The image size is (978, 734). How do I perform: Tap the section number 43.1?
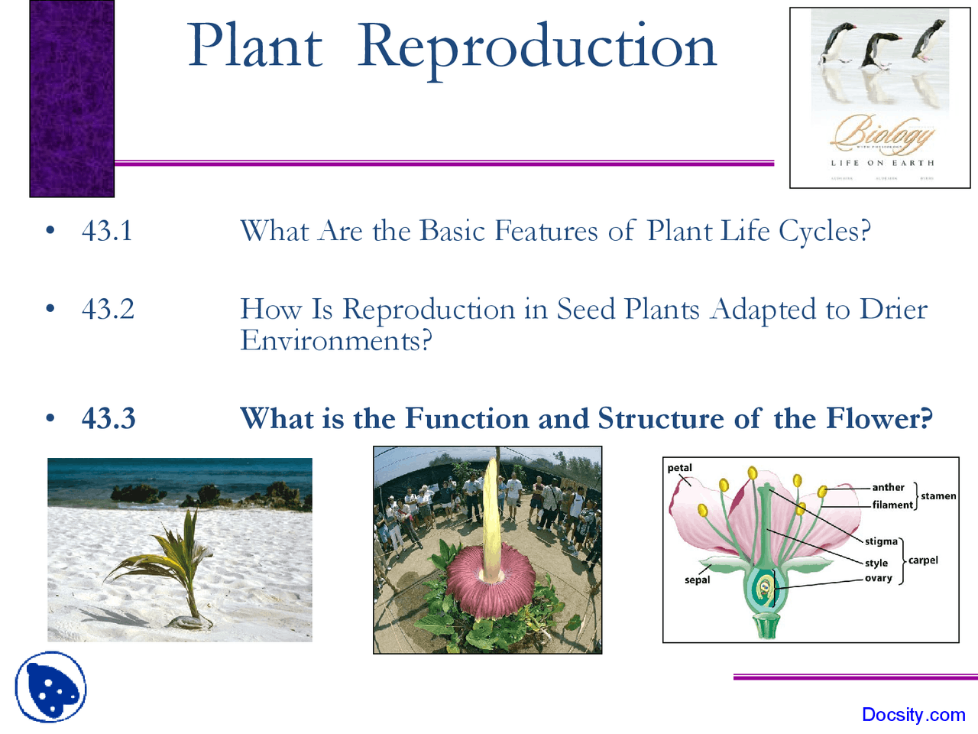click(x=107, y=231)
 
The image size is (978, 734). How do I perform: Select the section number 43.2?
click(x=108, y=309)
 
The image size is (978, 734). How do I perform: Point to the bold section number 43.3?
click(x=108, y=418)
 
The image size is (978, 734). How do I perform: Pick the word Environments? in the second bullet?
click(x=336, y=340)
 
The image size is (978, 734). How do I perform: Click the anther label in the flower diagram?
click(x=888, y=487)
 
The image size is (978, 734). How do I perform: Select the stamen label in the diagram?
click(x=938, y=496)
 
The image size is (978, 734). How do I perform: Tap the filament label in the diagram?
click(x=892, y=505)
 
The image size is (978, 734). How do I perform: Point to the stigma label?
click(x=881, y=541)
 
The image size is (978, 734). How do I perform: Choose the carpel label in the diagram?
click(x=923, y=560)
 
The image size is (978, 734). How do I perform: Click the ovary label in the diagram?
click(x=879, y=578)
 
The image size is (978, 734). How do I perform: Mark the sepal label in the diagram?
click(x=697, y=580)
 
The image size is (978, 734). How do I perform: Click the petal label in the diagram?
click(x=679, y=468)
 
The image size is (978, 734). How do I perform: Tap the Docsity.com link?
click(x=913, y=715)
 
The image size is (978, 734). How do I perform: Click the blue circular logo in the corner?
click(x=50, y=687)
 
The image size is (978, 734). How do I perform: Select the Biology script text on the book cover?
click(x=882, y=134)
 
